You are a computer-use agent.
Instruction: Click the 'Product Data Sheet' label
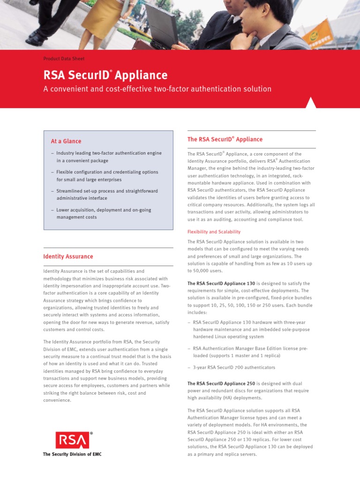point(64,59)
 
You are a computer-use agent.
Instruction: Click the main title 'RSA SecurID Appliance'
point(105,75)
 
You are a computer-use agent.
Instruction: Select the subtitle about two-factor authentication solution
point(157,89)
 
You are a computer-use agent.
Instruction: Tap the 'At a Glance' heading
point(66,141)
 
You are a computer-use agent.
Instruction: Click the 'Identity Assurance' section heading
point(68,256)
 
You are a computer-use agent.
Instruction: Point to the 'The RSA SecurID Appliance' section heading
point(225,139)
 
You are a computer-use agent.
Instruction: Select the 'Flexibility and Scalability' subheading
point(214,232)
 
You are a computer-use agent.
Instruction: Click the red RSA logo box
point(72,441)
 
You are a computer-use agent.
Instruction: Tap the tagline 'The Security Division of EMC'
point(72,454)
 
